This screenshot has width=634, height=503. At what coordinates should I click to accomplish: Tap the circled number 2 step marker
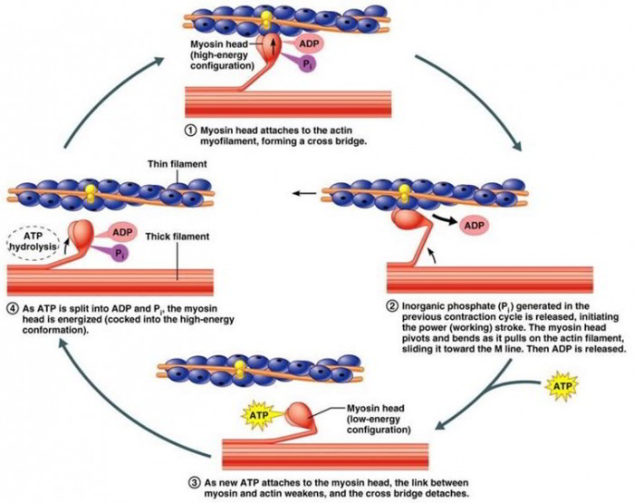[391, 305]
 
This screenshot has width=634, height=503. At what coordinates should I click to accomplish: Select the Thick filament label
[177, 237]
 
